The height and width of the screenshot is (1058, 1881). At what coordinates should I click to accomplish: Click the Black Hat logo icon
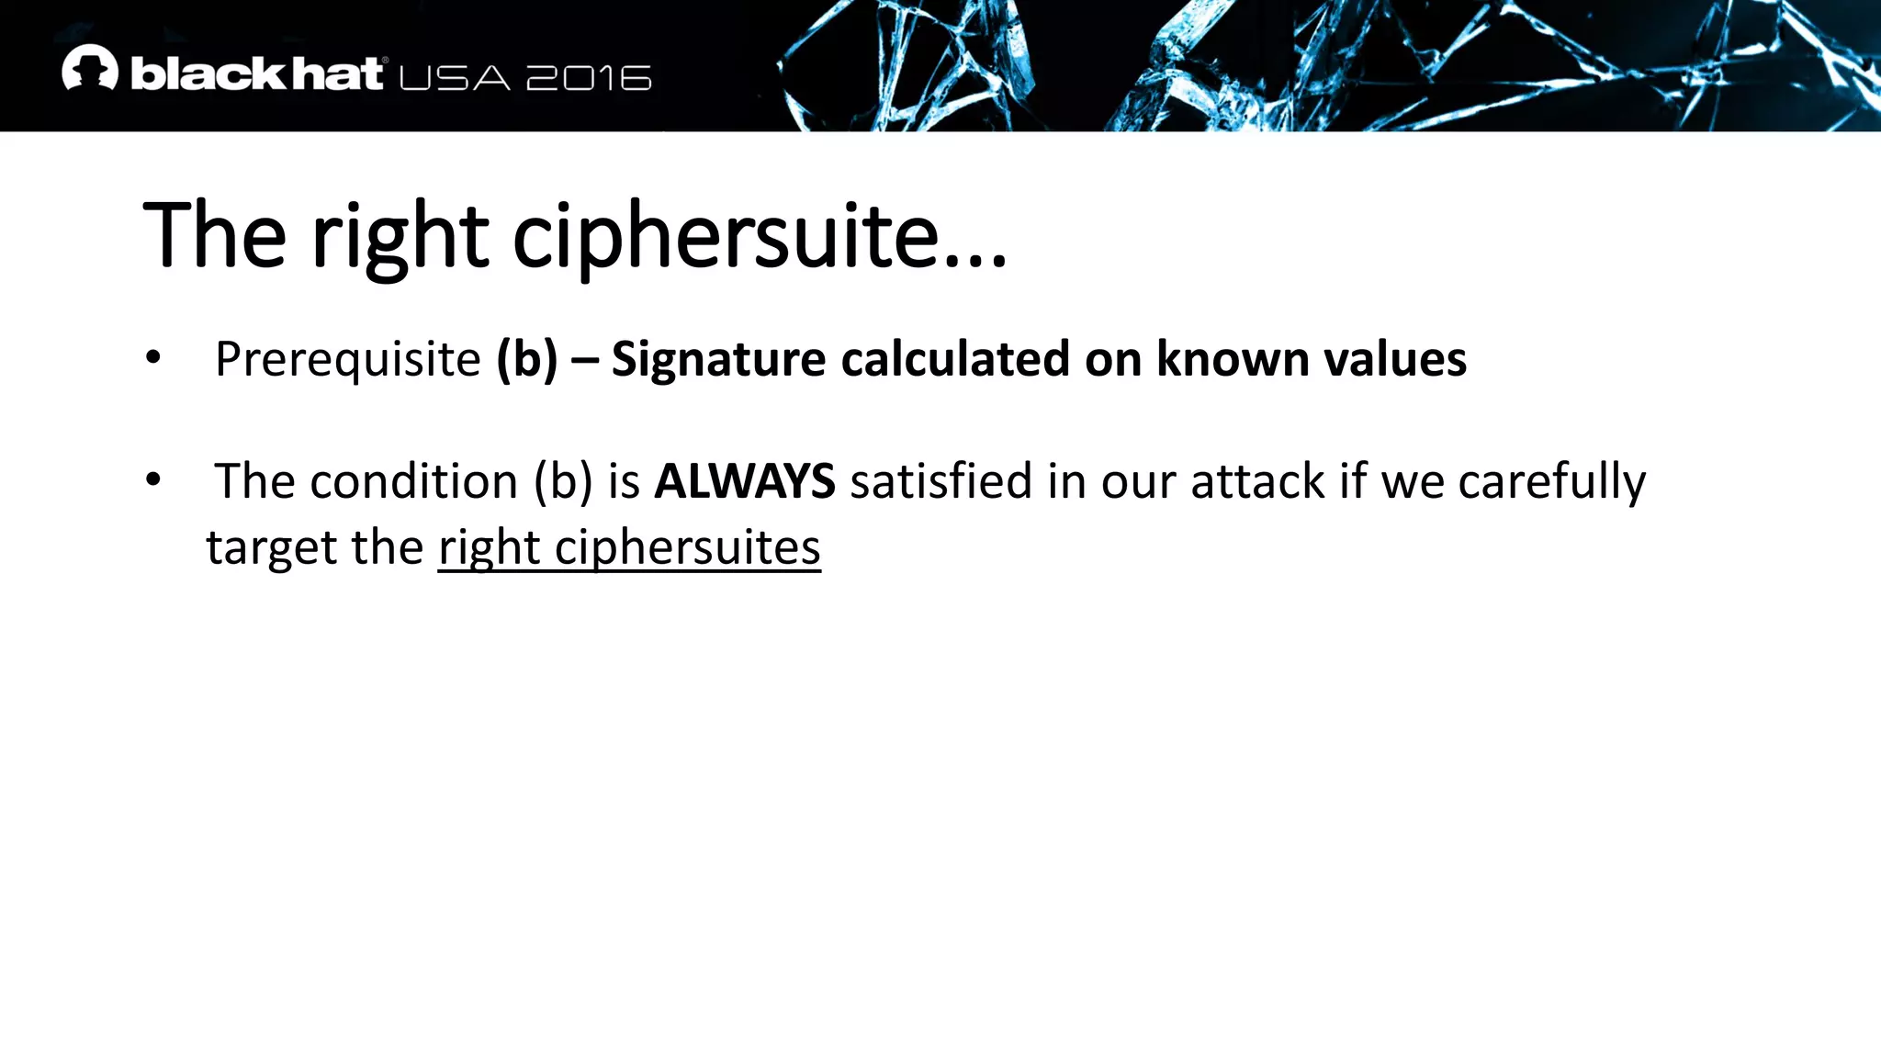click(x=90, y=68)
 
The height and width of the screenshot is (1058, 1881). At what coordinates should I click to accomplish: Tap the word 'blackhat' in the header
click(x=256, y=73)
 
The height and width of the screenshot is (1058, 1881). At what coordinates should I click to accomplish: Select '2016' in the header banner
click(x=589, y=78)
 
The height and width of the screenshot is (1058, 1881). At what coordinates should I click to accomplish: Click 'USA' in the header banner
click(x=455, y=78)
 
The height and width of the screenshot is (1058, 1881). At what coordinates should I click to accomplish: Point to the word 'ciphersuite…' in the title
click(x=760, y=236)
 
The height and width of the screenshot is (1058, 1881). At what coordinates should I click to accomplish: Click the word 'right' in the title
click(x=400, y=236)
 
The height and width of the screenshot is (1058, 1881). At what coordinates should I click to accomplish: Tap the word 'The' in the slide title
click(x=215, y=236)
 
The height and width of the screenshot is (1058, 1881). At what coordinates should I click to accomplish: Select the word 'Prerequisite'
click(x=347, y=359)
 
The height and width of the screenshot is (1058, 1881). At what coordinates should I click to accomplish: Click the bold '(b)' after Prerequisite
click(x=526, y=359)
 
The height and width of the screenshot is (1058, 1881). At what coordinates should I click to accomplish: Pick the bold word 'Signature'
click(x=718, y=359)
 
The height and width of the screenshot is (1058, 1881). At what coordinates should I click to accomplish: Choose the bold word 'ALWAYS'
click(x=744, y=481)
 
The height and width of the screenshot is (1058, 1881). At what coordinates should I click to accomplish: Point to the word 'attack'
click(x=1257, y=481)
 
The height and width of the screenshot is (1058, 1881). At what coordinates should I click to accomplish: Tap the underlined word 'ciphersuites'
click(x=687, y=548)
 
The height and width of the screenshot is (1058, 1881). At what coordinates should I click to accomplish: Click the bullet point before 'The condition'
click(x=152, y=478)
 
